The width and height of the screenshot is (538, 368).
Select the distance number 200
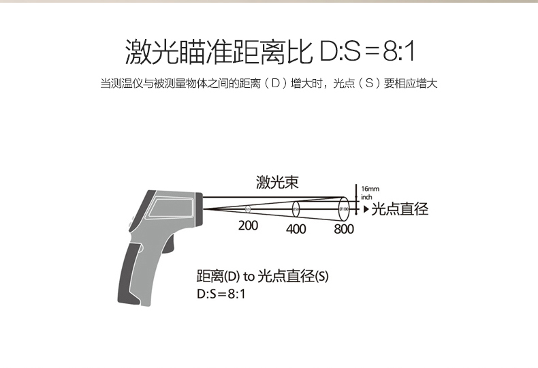coord(248,225)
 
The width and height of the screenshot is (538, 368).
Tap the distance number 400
coord(296,229)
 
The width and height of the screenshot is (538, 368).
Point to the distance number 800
coord(344,229)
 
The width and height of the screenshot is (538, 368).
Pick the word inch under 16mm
coord(366,196)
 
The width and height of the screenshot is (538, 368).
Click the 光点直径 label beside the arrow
coord(400,209)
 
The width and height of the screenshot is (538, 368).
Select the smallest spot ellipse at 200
coord(248,209)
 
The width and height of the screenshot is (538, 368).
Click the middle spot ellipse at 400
coord(296,208)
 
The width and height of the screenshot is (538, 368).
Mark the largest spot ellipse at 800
coord(344,207)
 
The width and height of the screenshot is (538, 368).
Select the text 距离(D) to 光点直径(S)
coord(262,276)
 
